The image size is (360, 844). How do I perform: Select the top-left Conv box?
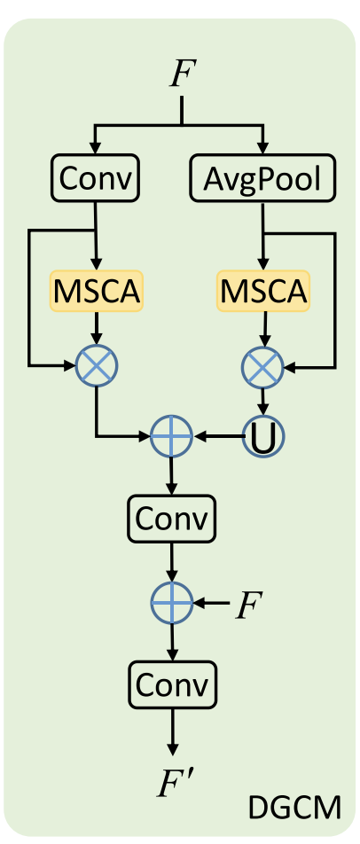[94, 178]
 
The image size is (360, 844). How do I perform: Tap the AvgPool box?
[262, 179]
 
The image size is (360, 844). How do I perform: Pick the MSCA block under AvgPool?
[262, 290]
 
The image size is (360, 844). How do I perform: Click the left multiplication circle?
[97, 363]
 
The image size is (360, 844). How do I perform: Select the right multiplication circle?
[262, 363]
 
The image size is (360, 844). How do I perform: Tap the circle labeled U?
[262, 436]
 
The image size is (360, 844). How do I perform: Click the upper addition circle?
[171, 436]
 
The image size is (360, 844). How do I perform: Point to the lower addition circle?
[171, 603]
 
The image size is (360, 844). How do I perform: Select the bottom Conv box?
[171, 684]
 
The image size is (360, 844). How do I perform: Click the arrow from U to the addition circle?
[217, 436]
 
